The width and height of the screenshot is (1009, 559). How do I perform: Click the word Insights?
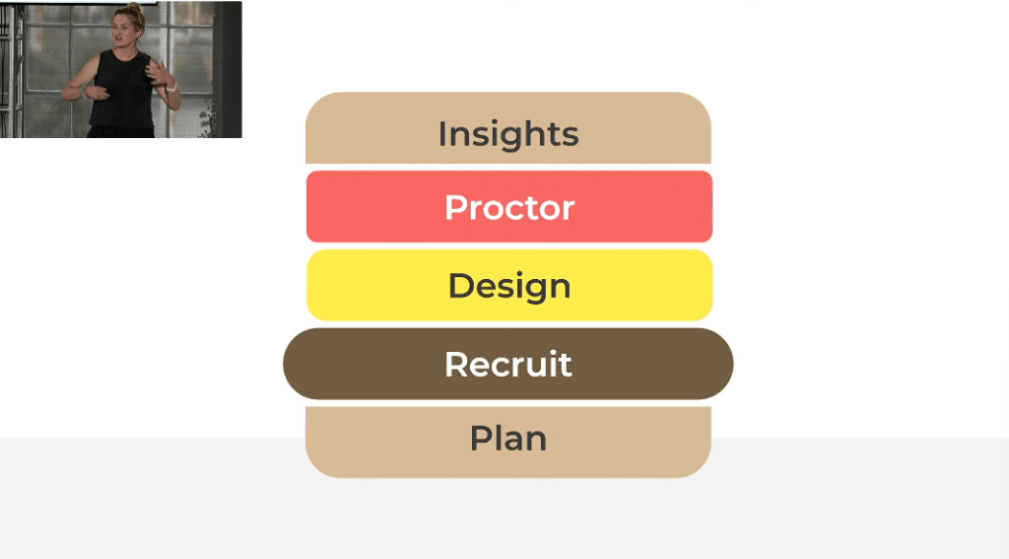508,135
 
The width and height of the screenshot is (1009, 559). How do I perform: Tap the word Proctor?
509,207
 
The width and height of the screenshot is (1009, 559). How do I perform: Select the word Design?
509,287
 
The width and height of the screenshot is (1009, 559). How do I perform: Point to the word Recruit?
508,364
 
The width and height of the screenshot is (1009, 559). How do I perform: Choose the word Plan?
508,438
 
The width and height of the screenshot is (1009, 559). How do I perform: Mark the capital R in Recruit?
457,364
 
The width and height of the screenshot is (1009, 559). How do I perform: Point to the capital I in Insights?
442,134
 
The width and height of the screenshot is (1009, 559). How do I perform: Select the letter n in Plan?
535,441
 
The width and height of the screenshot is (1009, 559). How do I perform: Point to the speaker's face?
122,31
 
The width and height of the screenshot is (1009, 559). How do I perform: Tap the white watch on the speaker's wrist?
171,88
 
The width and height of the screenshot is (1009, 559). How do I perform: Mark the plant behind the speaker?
207,118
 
